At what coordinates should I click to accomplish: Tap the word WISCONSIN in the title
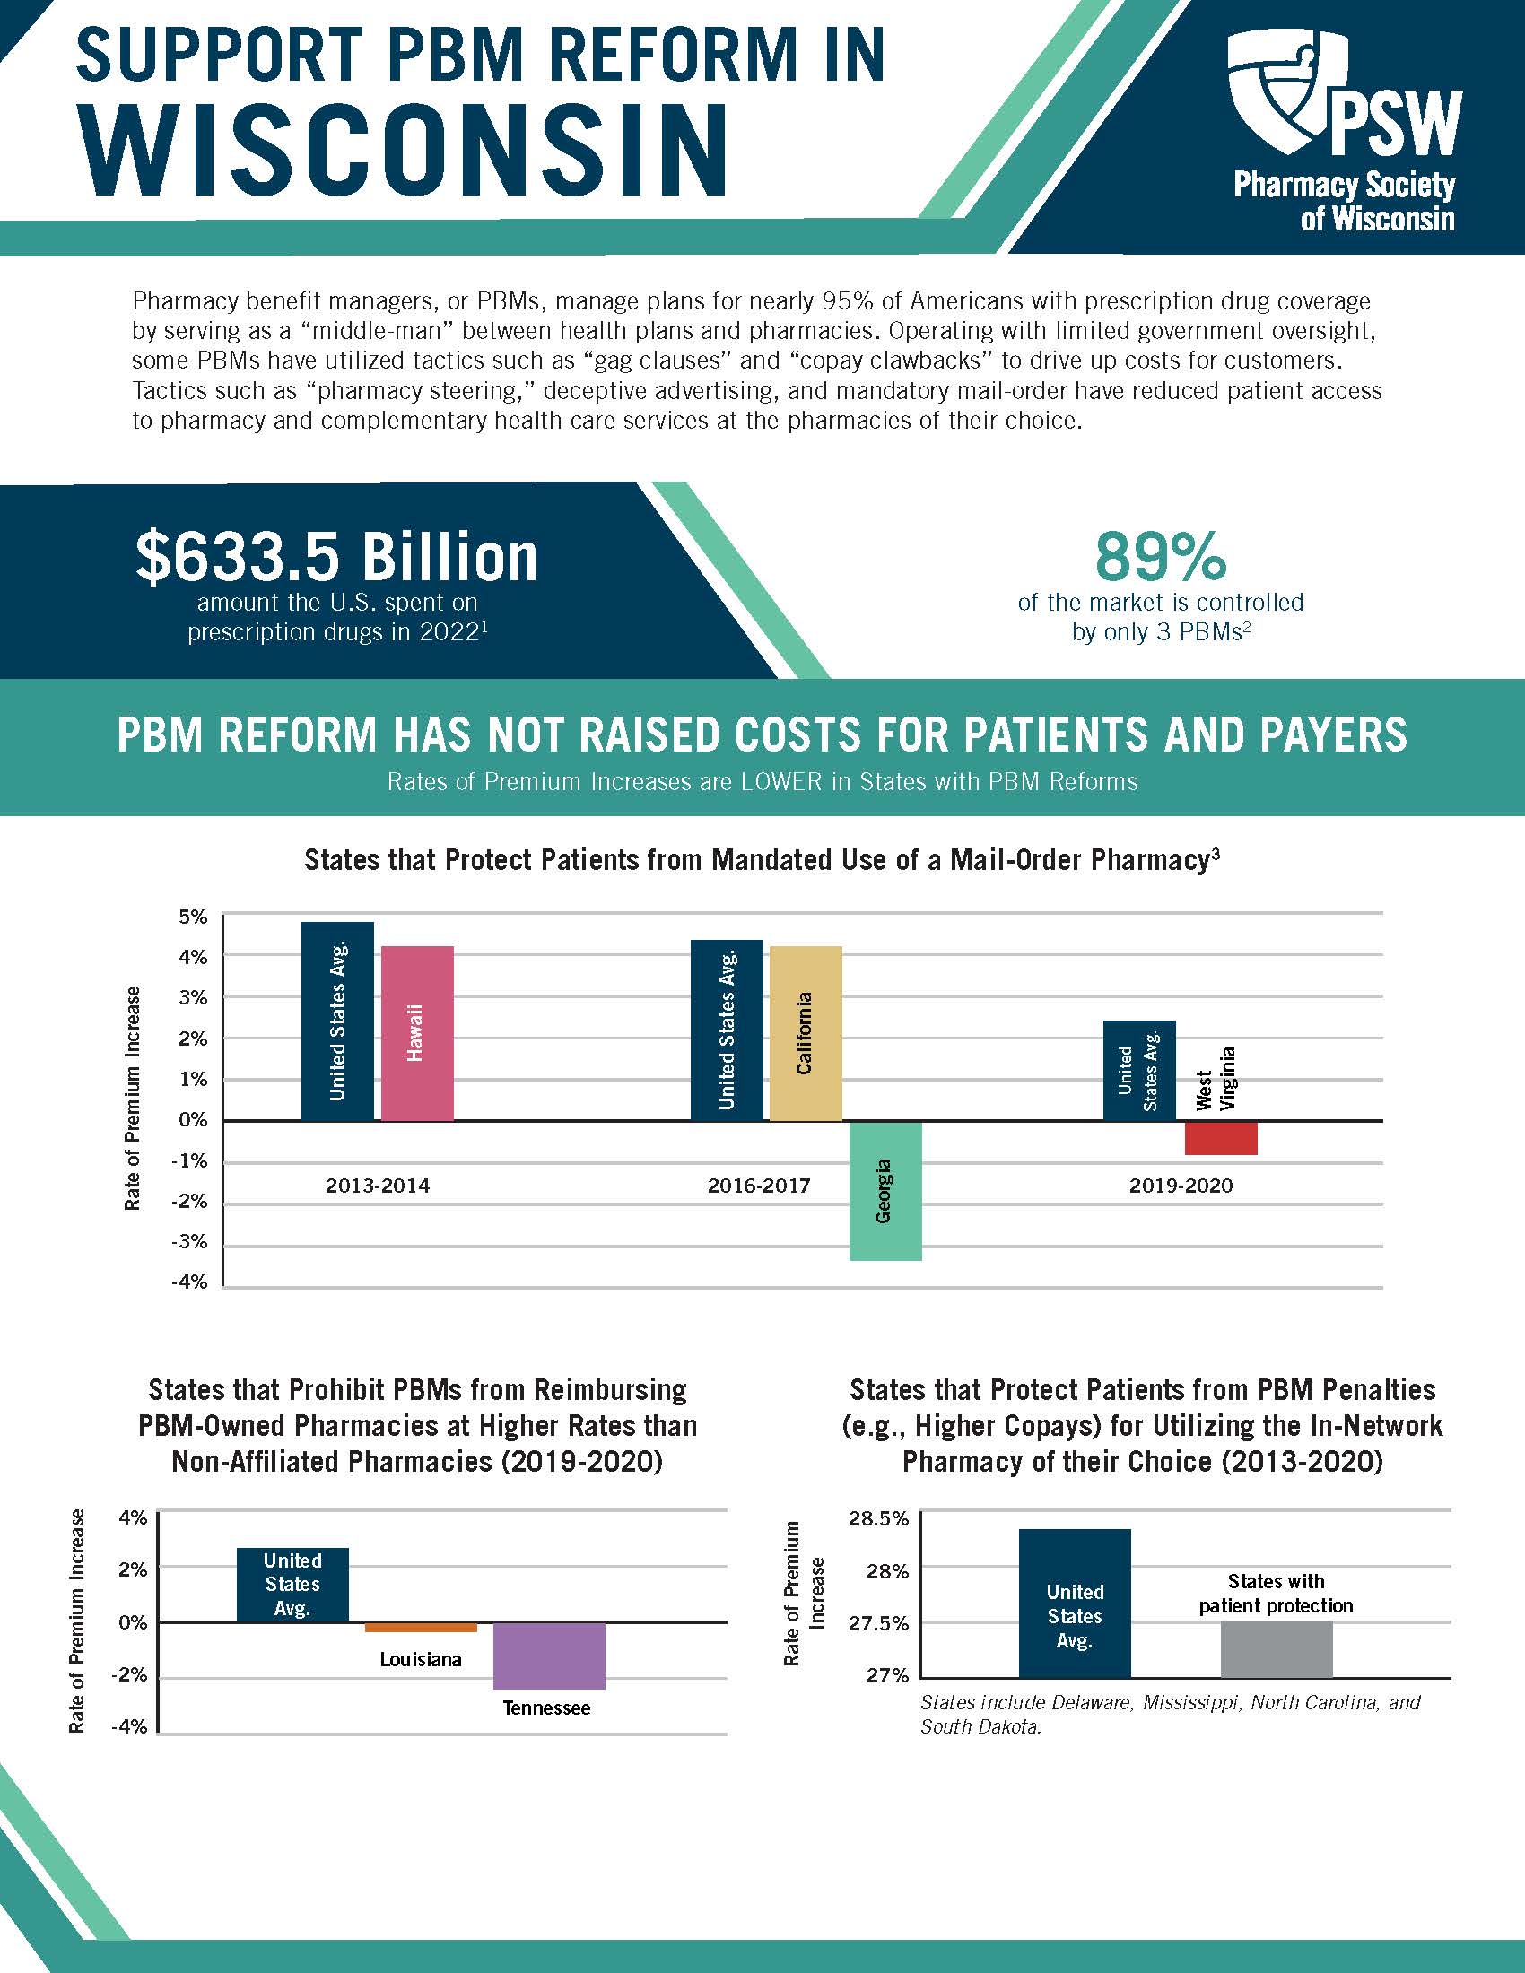tap(402, 149)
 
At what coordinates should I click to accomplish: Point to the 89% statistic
tap(1160, 557)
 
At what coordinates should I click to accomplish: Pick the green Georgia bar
tap(884, 1191)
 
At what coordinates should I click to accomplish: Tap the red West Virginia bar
tap(1221, 1138)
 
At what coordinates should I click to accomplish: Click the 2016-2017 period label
tap(759, 1186)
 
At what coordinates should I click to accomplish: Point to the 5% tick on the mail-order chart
tap(193, 917)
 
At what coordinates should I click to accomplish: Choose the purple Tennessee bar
tap(548, 1656)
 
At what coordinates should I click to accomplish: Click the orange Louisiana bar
tap(420, 1627)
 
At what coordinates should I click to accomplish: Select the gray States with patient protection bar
tap(1276, 1649)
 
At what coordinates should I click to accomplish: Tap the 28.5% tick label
tap(878, 1518)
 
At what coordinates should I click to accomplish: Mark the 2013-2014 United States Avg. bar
tap(337, 1021)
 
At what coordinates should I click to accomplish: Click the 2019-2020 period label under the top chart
tap(1180, 1186)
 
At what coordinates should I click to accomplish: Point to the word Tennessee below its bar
tap(545, 1708)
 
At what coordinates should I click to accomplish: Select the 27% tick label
tap(887, 1676)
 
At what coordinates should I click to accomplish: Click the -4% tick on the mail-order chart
tap(188, 1282)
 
